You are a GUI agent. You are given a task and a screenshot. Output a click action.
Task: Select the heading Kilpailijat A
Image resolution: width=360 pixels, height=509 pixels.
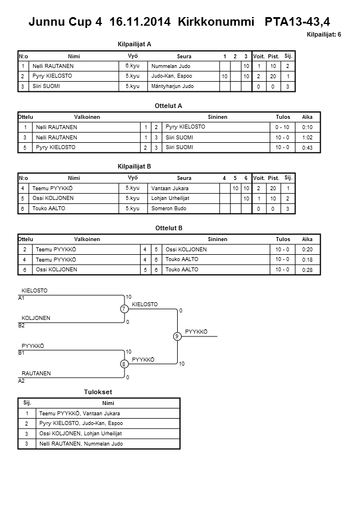click(x=134, y=43)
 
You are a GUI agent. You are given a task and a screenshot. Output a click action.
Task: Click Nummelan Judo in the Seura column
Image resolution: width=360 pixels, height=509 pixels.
click(x=171, y=66)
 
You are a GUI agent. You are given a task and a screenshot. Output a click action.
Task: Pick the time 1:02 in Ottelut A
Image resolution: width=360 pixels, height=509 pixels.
click(x=307, y=137)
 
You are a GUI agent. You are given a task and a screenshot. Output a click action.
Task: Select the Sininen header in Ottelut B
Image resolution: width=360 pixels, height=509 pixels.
click(x=217, y=239)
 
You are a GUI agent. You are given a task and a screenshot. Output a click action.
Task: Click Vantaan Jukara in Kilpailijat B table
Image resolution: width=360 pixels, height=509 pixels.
click(x=170, y=188)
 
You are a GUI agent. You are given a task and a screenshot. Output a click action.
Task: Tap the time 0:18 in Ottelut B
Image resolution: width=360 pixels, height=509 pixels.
click(x=307, y=260)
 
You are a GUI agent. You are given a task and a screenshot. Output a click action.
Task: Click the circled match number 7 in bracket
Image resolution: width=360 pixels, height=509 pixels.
click(x=123, y=309)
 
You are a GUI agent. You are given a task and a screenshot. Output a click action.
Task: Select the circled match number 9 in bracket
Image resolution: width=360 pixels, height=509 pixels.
click(x=177, y=336)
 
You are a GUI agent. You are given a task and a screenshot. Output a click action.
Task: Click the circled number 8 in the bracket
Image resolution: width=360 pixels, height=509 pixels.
click(x=123, y=364)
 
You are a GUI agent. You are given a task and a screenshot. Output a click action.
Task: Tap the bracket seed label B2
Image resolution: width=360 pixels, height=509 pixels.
click(x=22, y=325)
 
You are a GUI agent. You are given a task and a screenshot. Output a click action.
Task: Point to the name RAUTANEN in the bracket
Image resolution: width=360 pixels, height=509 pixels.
click(x=36, y=373)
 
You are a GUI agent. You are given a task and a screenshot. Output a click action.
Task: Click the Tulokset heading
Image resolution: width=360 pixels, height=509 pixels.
click(x=98, y=392)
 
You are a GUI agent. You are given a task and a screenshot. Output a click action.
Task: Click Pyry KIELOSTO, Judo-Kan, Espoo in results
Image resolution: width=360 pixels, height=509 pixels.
click(x=81, y=423)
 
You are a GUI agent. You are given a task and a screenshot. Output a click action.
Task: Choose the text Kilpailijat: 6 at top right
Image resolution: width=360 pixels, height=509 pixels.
click(x=324, y=35)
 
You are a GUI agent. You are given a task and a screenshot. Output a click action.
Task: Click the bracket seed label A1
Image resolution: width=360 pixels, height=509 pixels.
click(x=22, y=298)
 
